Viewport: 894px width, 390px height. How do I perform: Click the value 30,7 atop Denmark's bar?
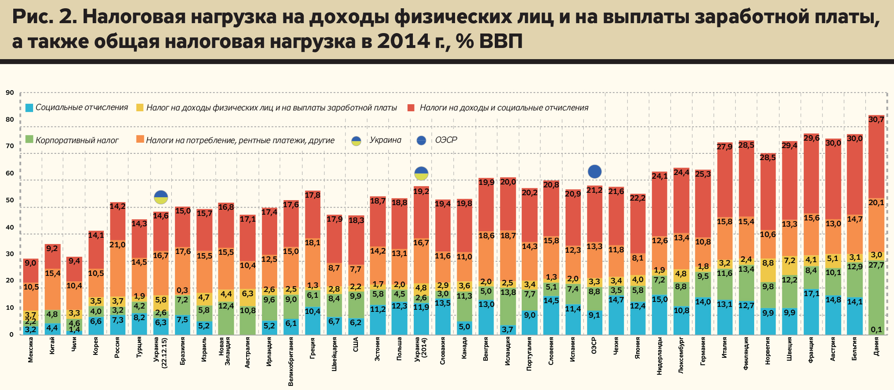tap(876, 120)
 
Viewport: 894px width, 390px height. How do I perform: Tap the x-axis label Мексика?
tap(31, 350)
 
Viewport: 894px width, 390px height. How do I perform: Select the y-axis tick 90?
tap(10, 93)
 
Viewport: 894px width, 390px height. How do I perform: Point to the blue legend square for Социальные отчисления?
tap(29, 108)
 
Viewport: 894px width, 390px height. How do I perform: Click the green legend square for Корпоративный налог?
tap(29, 140)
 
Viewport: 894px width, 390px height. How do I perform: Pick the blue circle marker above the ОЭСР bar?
tap(594, 171)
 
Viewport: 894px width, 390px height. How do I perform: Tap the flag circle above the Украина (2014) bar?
tap(421, 173)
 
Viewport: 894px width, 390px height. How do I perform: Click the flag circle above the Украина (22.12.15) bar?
tap(161, 197)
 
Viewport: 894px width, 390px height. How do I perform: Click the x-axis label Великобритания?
tap(291, 361)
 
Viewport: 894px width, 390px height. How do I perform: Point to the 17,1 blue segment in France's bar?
tap(811, 311)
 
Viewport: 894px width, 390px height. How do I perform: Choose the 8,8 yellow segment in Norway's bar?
tap(768, 271)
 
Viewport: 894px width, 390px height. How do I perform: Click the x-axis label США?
tap(356, 345)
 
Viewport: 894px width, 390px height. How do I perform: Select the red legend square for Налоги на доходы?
tap(411, 108)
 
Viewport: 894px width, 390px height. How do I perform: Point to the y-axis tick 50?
tap(10, 200)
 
